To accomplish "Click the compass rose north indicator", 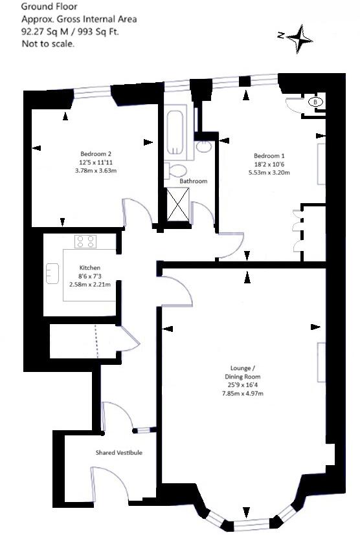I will click(x=298, y=37).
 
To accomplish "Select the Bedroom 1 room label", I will click(x=269, y=156).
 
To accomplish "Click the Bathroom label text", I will click(x=193, y=182).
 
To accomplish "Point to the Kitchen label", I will click(x=90, y=268).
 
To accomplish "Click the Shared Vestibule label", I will click(x=118, y=453).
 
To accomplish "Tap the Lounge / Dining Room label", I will click(x=243, y=373).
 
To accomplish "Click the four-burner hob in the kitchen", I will click(x=85, y=242).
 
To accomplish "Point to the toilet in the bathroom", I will click(x=175, y=171).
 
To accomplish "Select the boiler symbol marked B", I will click(x=315, y=102).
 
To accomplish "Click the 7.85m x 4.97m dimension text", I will click(x=243, y=393).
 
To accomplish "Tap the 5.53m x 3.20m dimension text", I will click(x=269, y=173).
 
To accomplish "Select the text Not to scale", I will click(x=48, y=44).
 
